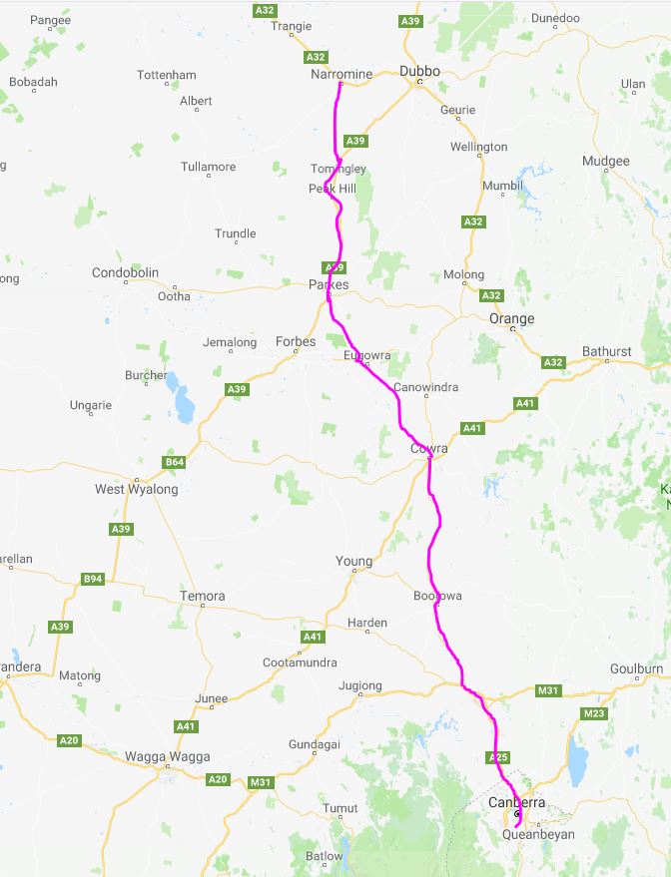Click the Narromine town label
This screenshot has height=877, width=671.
[342, 74]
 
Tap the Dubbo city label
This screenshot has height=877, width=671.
[419, 71]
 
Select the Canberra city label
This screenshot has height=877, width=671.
[516, 802]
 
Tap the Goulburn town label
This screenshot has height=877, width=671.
[636, 668]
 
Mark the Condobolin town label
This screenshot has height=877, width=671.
[126, 272]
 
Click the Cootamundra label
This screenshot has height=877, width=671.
[300, 661]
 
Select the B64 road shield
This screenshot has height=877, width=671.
[175, 462]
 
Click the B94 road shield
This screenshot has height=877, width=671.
[93, 579]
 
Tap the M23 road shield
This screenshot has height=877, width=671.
[594, 713]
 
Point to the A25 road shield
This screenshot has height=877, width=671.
[498, 758]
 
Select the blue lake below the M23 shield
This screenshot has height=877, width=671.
[577, 763]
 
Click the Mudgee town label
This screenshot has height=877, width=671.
[605, 161]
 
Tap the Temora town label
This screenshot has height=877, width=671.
[202, 596]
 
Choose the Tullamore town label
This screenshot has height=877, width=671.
[208, 167]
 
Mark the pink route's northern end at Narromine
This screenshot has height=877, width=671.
[340, 84]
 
